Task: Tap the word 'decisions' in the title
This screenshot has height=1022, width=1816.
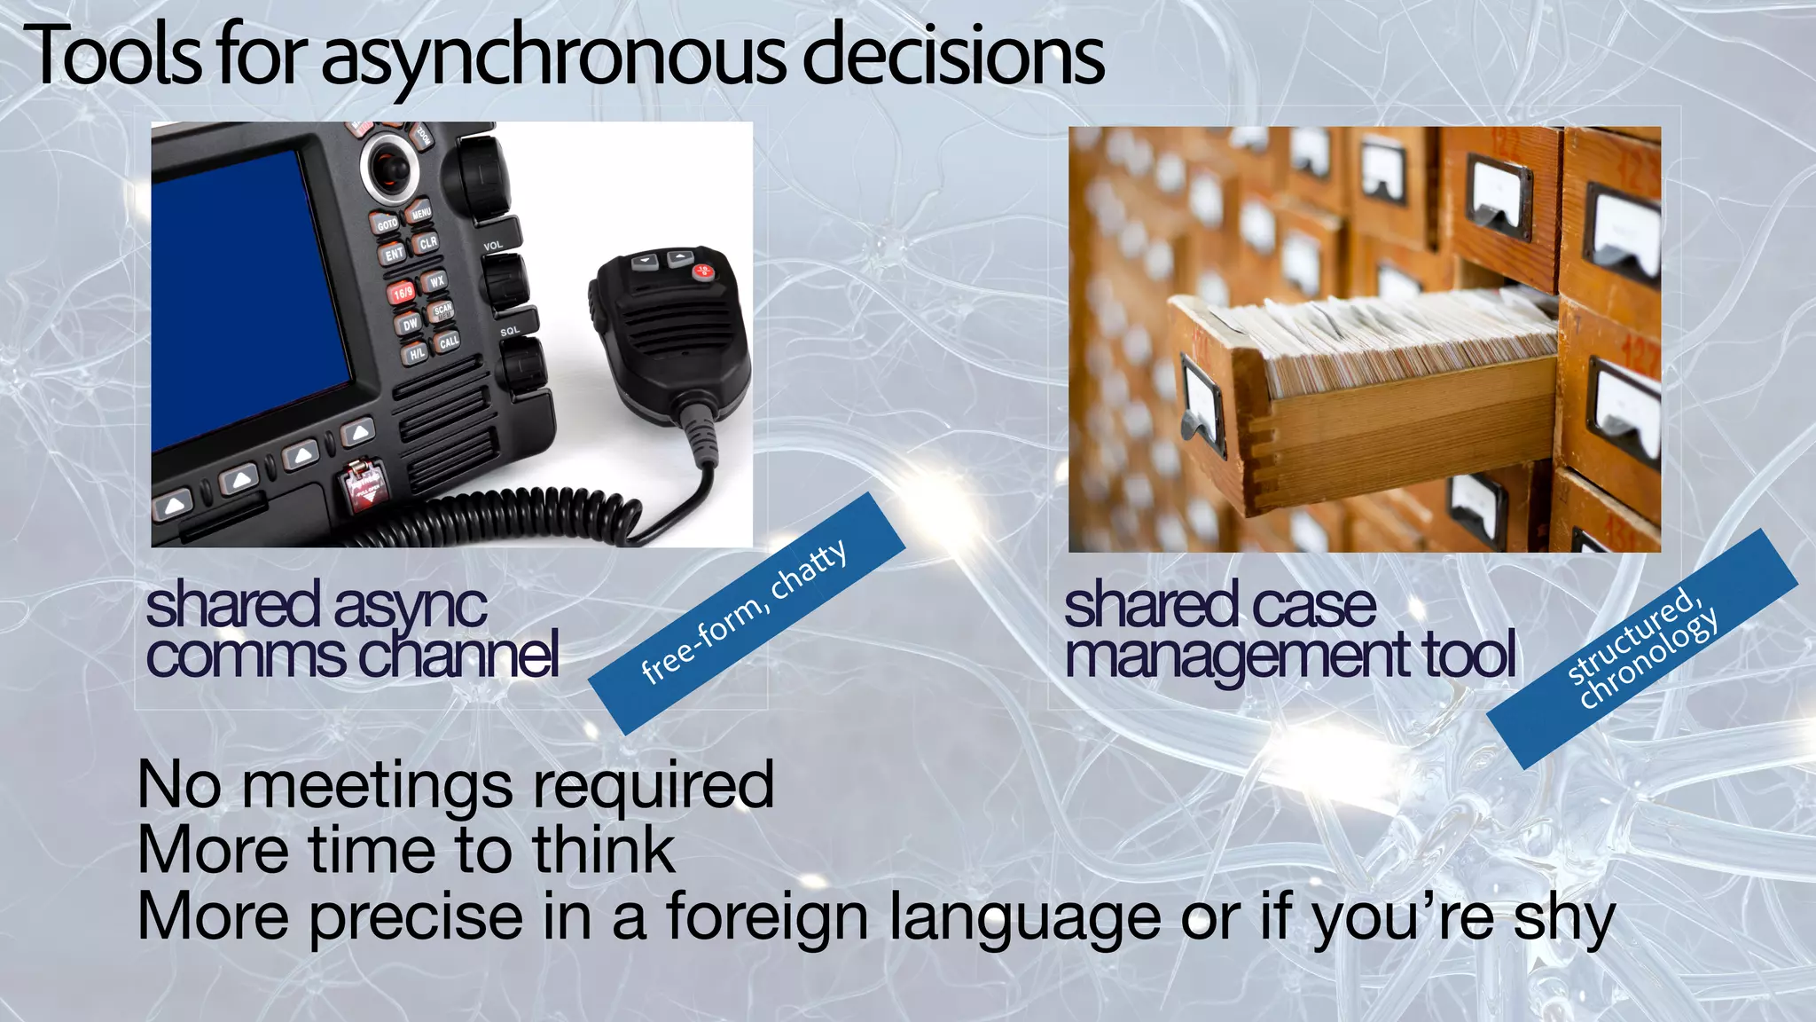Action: coord(953,55)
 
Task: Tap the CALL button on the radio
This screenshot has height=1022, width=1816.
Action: coord(449,342)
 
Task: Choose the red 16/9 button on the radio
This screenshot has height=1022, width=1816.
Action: coord(402,291)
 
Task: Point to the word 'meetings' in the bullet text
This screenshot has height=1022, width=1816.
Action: coord(377,785)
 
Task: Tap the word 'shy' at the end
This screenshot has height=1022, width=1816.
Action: coord(1564,917)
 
